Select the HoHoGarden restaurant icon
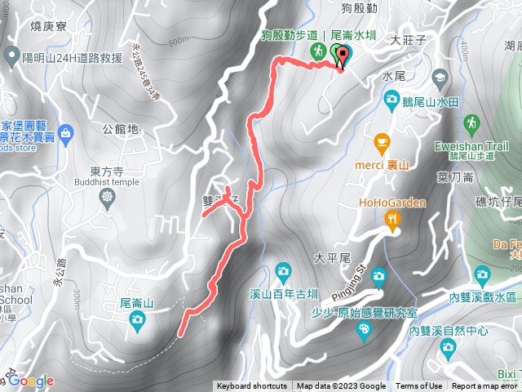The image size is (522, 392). (393, 220)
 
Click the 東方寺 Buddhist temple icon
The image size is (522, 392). (107, 198)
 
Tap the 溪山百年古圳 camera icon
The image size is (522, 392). (282, 271)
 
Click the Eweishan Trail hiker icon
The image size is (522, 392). (471, 124)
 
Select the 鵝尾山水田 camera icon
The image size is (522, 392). (391, 100)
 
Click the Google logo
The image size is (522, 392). (31, 381)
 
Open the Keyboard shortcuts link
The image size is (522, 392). (251, 386)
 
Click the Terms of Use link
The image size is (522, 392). (419, 386)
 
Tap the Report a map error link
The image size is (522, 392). (485, 386)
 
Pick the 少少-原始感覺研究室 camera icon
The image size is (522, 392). (364, 330)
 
